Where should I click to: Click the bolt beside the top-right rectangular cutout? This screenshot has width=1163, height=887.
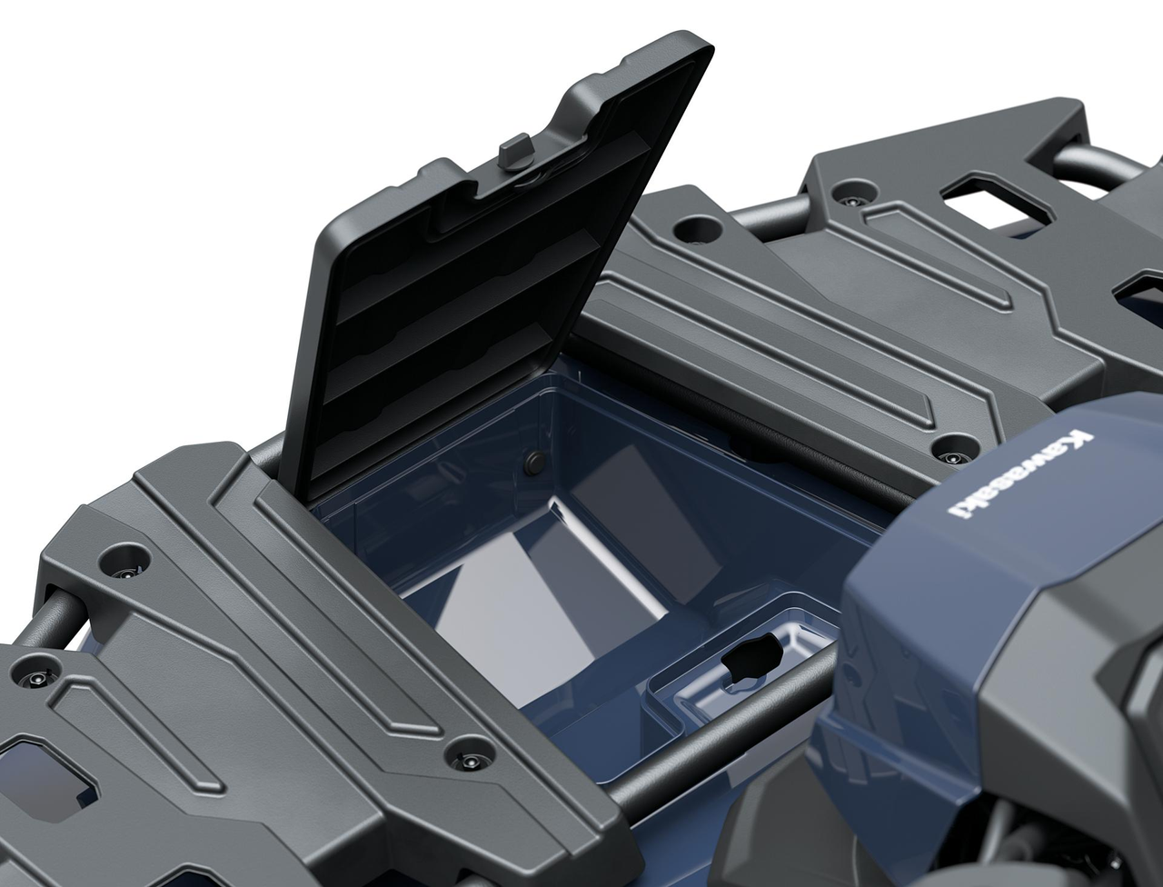tap(851, 193)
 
